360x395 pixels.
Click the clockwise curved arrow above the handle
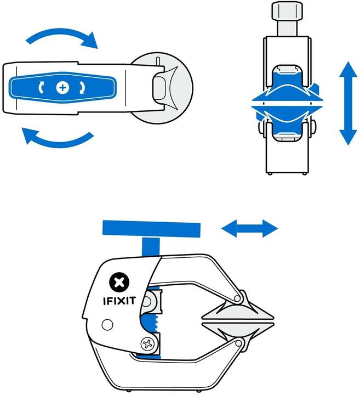click(61, 36)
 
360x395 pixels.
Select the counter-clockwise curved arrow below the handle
click(58, 139)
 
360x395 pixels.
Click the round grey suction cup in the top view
click(164, 88)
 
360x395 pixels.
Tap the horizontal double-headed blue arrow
click(249, 228)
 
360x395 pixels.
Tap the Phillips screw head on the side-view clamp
click(147, 345)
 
